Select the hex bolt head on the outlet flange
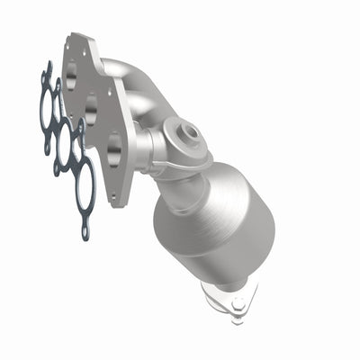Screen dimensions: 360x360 click(236, 304)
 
